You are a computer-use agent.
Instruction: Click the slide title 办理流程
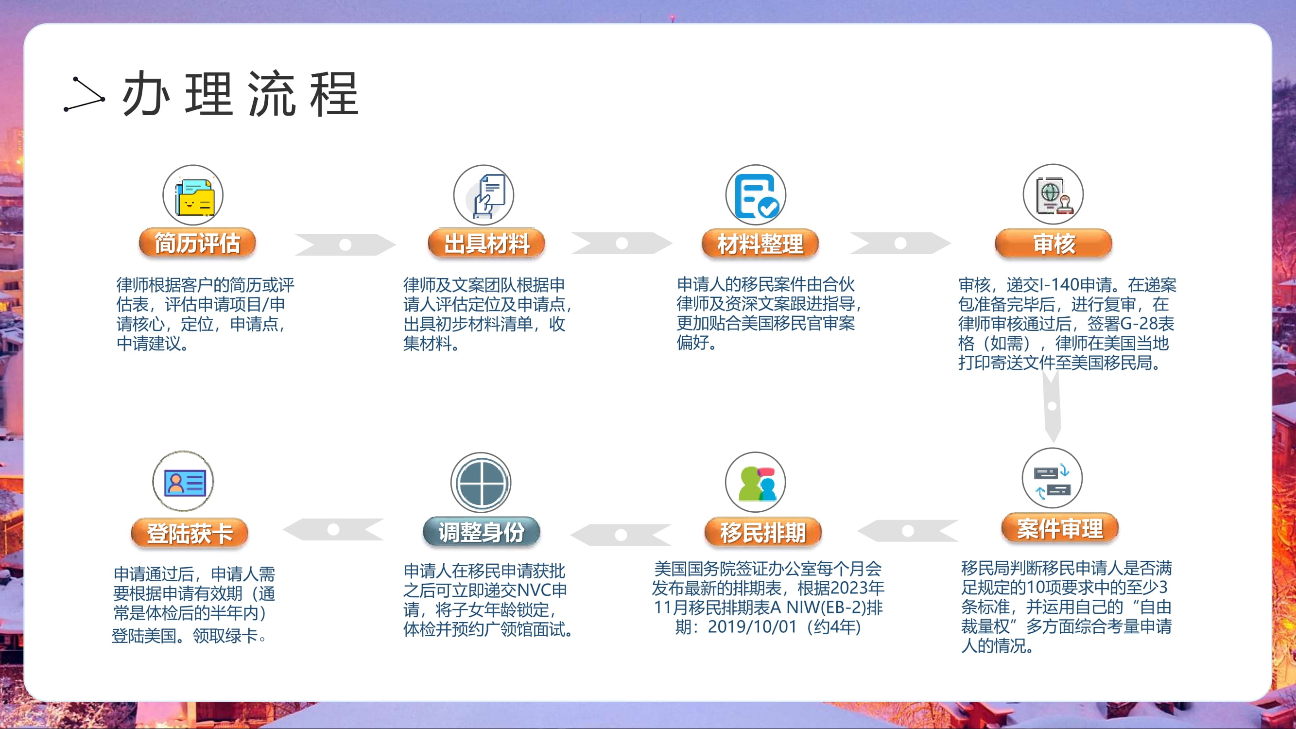point(241,94)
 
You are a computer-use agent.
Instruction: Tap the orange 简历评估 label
point(197,243)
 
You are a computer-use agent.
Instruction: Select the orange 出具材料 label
point(486,243)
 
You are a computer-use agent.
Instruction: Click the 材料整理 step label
point(760,243)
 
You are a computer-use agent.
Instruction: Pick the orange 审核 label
point(1054,243)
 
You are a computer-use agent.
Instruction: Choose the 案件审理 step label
point(1060,528)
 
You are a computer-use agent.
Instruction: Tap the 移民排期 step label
point(763,532)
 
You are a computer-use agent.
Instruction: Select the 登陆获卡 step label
point(190,533)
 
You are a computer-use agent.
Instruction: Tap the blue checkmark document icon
point(756,195)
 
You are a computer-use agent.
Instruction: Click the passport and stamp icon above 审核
point(1054,194)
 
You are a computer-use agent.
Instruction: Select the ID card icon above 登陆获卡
point(183,482)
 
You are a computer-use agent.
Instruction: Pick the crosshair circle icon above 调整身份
point(481,483)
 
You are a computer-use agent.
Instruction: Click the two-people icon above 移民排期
point(756,483)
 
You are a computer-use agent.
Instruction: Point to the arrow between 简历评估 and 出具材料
point(345,244)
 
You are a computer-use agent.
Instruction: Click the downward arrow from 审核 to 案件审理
point(1052,405)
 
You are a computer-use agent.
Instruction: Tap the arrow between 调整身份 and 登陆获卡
point(333,529)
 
